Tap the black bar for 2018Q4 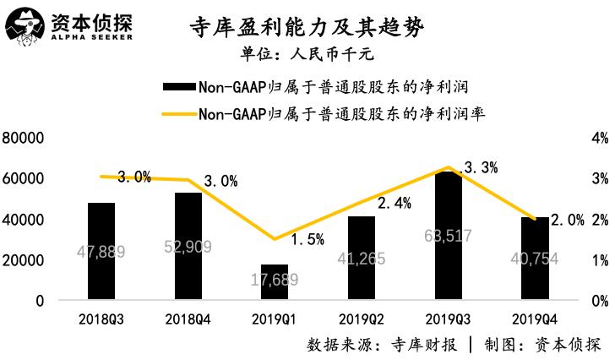coord(188,246)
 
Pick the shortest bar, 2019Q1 coord(274,282)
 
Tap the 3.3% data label coord(481,168)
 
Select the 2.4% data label coord(394,203)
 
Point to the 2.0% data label coord(568,221)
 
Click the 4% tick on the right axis coord(600,138)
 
